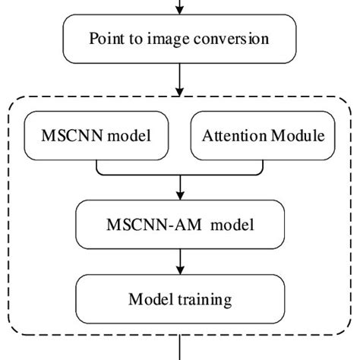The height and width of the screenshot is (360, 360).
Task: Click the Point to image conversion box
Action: tap(179, 38)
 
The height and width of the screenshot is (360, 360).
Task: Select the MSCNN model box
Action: tap(96, 137)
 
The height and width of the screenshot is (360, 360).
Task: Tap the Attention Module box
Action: tap(262, 137)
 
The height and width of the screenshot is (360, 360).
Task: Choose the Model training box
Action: tap(179, 298)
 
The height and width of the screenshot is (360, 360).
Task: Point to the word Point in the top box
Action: tap(106, 38)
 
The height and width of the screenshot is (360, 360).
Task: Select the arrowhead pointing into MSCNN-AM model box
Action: tap(180, 198)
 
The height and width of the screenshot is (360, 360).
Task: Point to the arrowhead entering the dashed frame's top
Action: tap(180, 89)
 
